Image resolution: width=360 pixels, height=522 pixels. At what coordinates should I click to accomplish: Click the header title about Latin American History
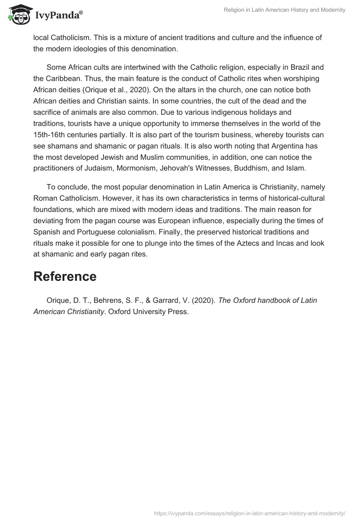[285, 10]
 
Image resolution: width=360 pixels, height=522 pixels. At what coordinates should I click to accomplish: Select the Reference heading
[65, 276]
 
